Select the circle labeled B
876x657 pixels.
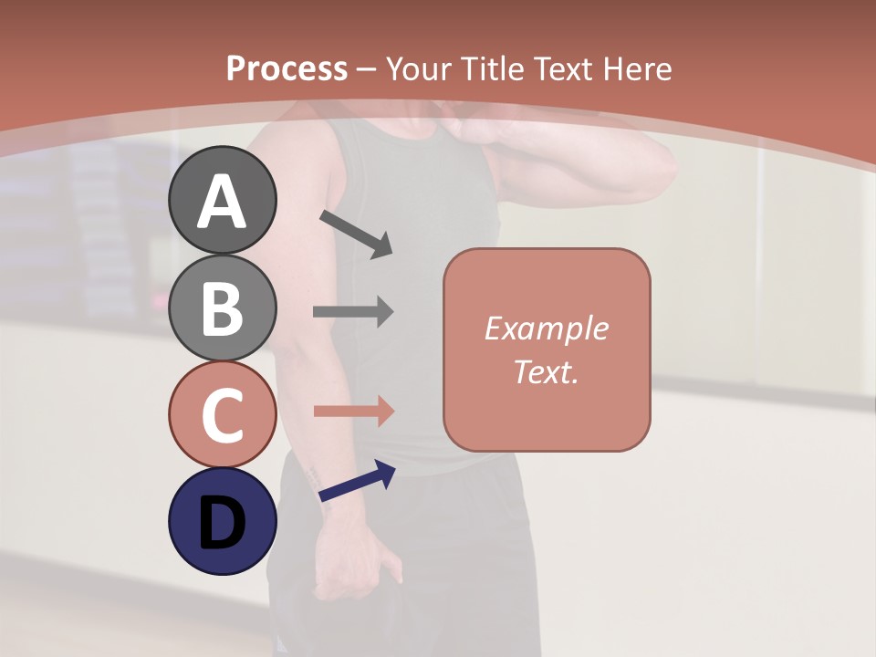point(223,308)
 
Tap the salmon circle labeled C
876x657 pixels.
point(223,414)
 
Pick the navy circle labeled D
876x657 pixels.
point(223,521)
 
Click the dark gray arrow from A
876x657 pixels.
point(356,234)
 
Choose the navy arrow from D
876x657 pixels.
point(357,481)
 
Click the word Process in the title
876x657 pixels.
point(287,68)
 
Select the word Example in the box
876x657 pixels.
point(546,328)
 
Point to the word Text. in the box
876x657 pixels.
point(546,371)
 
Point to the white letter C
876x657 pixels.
point(223,414)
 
